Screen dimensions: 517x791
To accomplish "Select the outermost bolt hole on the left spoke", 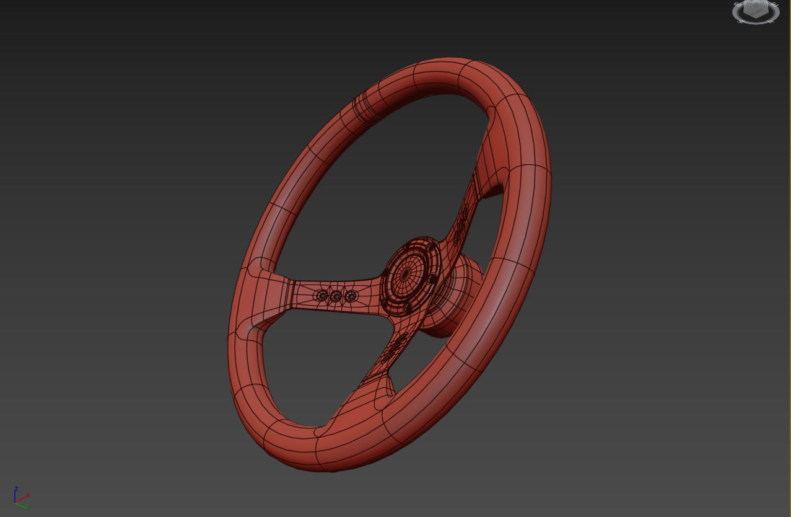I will click(x=321, y=296).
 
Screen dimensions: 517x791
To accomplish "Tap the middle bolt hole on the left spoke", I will click(x=336, y=297).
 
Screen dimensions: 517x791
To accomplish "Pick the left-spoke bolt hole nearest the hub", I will click(x=351, y=296).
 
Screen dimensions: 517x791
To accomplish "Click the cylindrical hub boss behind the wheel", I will click(x=457, y=296).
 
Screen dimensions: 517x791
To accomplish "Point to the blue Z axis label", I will click(x=16, y=488).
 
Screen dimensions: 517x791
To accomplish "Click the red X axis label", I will click(x=28, y=495).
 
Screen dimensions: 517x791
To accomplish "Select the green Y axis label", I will click(x=27, y=506).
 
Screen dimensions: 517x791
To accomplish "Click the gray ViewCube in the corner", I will click(x=756, y=12).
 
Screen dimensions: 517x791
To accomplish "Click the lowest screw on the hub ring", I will click(x=407, y=307).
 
